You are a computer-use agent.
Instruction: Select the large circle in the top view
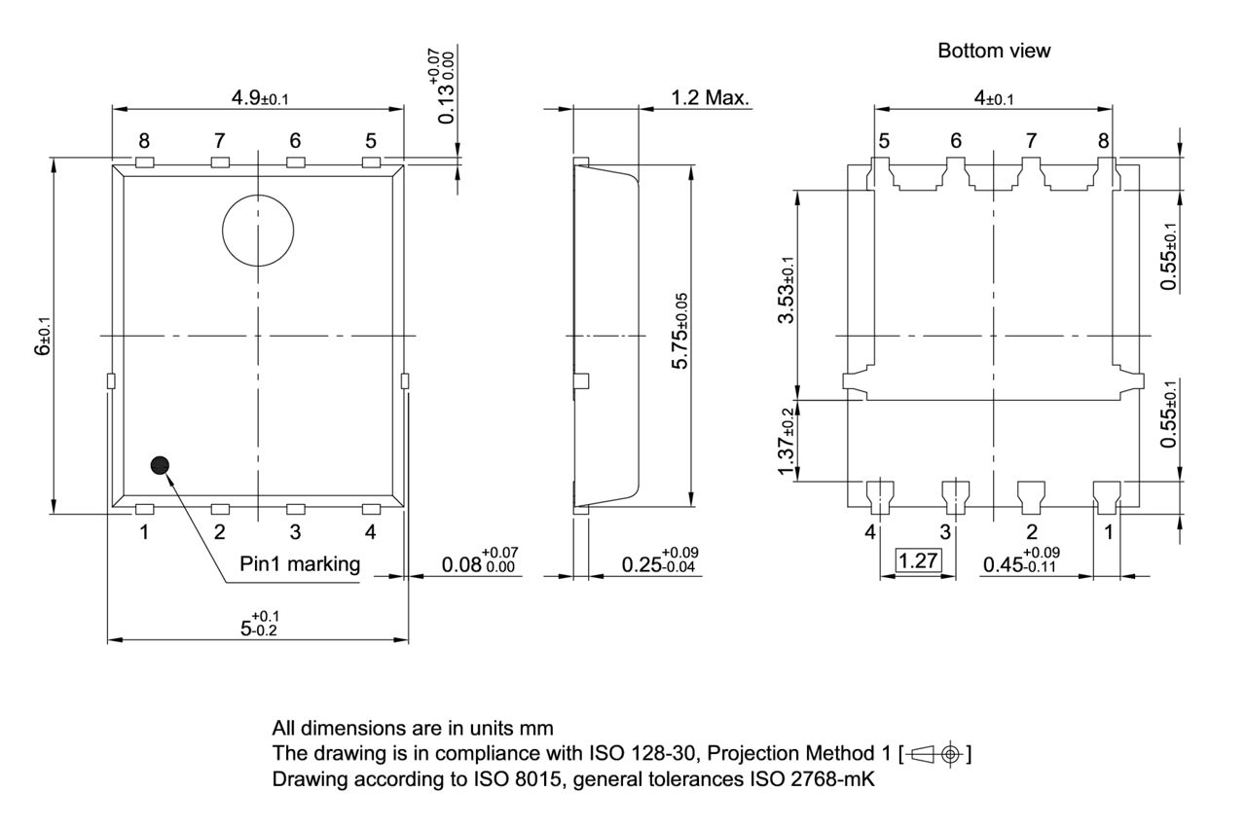(258, 230)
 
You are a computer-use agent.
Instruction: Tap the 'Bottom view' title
(993, 51)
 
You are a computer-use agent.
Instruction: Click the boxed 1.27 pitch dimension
(916, 561)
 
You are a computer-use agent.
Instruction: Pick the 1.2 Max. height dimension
(710, 97)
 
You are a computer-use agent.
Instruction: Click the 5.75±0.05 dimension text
(710, 330)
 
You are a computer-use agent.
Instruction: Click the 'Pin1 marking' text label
(300, 563)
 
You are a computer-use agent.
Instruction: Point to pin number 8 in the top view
(143, 141)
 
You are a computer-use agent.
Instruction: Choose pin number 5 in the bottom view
(883, 141)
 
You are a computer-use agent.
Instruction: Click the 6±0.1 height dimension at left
(44, 337)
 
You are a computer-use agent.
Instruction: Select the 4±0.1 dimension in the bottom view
(993, 97)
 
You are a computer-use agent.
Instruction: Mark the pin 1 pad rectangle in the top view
(144, 509)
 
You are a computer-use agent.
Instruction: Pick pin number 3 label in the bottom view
(944, 532)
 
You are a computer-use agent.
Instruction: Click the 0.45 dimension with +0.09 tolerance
(1020, 561)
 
